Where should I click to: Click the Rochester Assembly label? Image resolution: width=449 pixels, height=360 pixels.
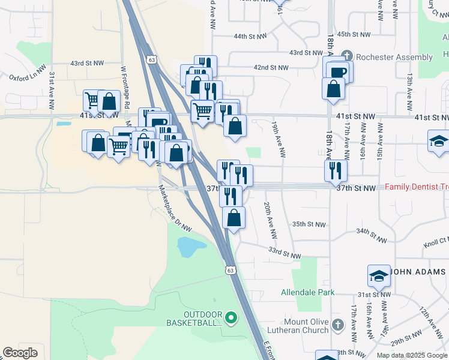(394, 58)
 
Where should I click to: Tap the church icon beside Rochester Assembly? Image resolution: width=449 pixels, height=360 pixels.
(346, 56)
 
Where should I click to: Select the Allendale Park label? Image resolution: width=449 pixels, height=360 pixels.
(307, 293)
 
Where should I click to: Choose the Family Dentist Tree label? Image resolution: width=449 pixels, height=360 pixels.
(417, 188)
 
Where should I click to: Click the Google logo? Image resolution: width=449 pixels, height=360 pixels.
(20, 353)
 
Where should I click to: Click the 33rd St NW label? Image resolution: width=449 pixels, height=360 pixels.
(285, 253)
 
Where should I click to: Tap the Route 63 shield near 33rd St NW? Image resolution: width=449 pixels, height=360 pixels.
(230, 270)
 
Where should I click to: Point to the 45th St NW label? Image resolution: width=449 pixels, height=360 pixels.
(352, 35)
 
